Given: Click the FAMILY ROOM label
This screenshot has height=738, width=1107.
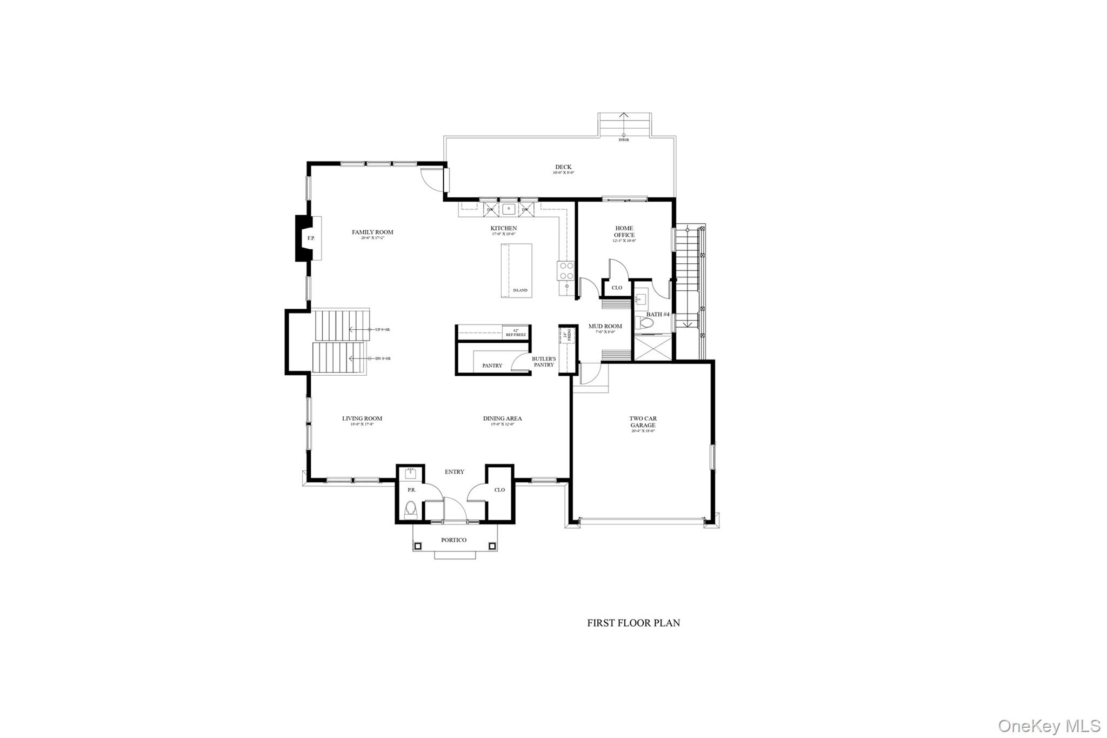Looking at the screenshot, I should [372, 232].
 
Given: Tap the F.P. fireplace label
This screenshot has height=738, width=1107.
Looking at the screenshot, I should [311, 238].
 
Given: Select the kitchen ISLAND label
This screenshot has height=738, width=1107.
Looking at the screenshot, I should [520, 290].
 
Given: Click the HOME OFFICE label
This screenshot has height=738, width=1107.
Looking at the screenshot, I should [624, 231].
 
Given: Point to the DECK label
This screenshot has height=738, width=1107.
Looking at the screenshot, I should [563, 167].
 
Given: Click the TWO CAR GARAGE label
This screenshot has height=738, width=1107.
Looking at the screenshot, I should [643, 422].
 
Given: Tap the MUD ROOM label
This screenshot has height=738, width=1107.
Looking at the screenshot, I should [605, 327].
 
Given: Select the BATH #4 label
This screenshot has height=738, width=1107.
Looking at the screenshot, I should [658, 315].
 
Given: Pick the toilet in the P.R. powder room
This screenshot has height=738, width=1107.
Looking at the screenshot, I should [411, 509].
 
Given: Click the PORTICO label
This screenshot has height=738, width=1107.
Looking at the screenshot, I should [454, 540].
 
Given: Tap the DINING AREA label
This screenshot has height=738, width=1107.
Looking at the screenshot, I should [502, 418].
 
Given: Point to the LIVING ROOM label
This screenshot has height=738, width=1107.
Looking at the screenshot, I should [362, 418].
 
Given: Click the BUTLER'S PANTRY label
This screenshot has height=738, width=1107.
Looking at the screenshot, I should [543, 362].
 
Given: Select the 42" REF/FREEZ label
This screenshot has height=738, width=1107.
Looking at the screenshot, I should [516, 333].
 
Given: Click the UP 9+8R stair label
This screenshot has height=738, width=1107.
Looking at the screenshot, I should [382, 329].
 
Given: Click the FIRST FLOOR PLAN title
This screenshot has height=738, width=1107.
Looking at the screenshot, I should [633, 623].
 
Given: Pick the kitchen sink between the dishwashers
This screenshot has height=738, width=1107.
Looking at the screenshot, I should [508, 209].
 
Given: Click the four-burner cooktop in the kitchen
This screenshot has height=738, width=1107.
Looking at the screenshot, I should [566, 270].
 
